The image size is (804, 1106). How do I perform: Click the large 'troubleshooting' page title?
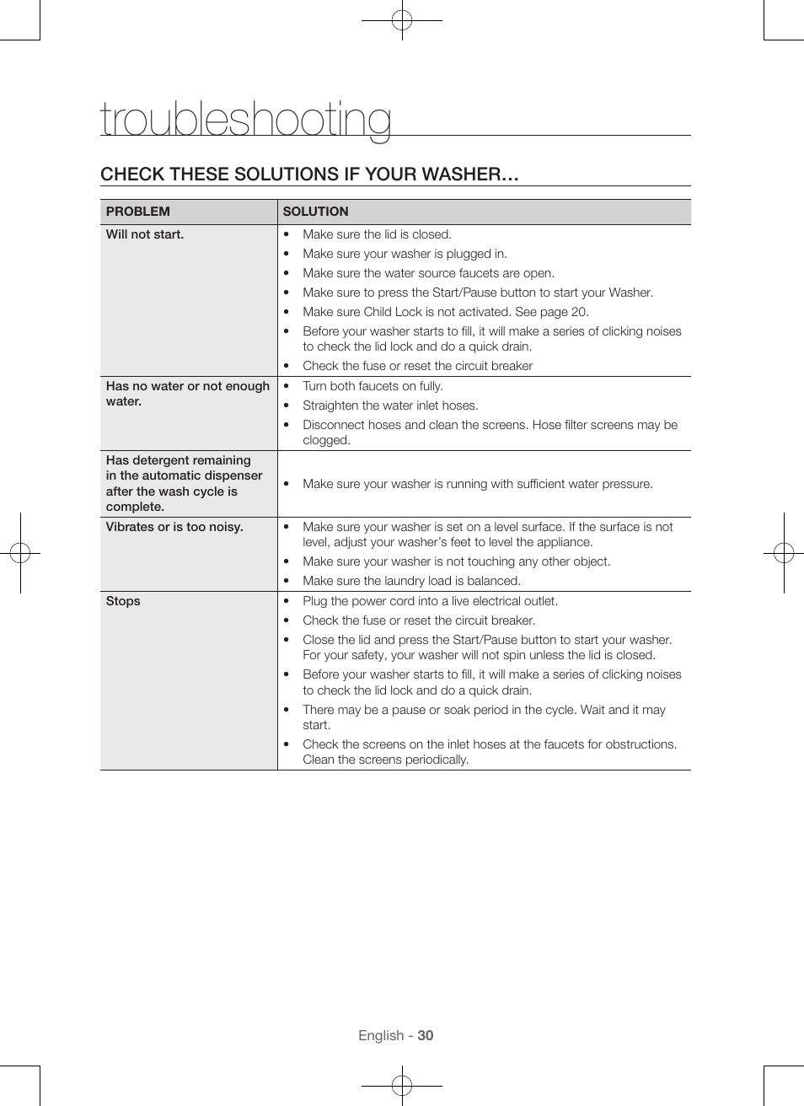tap(245, 119)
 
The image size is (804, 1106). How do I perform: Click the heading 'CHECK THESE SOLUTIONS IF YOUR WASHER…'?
tap(309, 174)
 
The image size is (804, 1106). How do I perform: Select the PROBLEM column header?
tap(138, 212)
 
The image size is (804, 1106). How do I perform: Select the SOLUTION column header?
tap(315, 212)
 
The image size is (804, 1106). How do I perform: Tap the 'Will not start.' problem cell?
tap(145, 234)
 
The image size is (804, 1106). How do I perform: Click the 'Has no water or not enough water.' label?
tap(187, 394)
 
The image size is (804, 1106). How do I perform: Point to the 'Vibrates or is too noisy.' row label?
tap(174, 527)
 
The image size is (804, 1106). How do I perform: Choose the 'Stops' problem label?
tap(123, 601)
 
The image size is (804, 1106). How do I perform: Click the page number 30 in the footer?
tap(426, 1035)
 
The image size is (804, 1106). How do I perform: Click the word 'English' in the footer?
tap(381, 1035)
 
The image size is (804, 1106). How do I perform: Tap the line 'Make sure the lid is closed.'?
tap(377, 234)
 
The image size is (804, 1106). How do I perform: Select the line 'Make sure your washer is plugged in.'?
tap(405, 254)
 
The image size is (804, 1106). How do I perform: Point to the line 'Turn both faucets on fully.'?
tap(373, 386)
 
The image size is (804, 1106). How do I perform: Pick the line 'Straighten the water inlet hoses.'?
tap(390, 405)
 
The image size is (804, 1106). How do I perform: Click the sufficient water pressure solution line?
tap(477, 484)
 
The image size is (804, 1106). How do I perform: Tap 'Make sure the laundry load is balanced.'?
tap(411, 581)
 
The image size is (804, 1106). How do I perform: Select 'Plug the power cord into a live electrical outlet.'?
tap(430, 601)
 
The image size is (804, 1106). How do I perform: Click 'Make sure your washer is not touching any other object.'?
tap(456, 561)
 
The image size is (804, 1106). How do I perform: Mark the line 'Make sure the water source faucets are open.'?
tap(428, 273)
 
